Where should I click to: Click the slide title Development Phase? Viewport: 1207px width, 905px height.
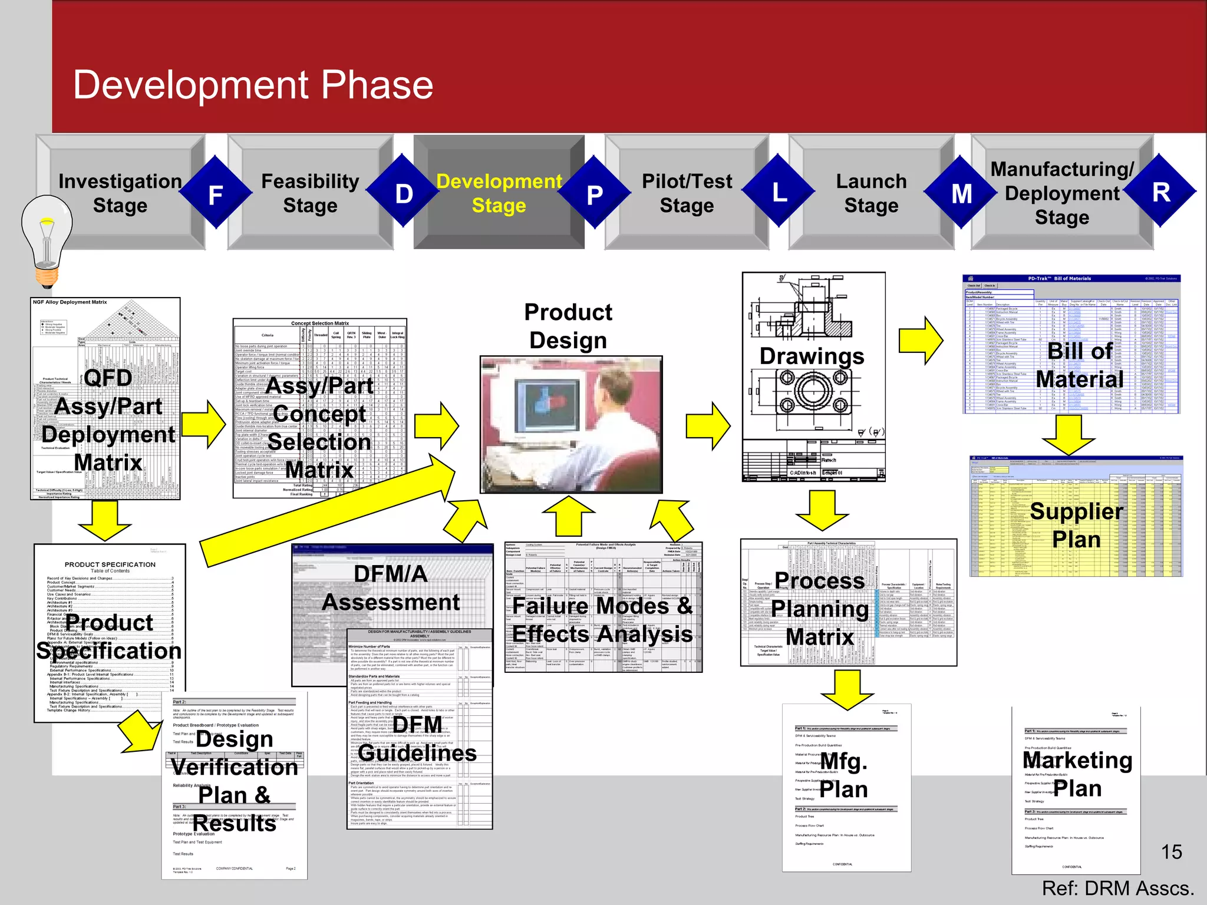(x=253, y=85)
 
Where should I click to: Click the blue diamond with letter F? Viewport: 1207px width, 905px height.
(x=215, y=194)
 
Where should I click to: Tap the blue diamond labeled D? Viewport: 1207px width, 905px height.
(x=404, y=193)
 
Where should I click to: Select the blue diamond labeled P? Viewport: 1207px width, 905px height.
(x=595, y=194)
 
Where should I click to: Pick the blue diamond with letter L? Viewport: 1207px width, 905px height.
(x=779, y=192)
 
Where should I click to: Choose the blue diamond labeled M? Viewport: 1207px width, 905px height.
(x=962, y=193)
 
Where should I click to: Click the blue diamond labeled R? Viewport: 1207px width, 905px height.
(x=1160, y=192)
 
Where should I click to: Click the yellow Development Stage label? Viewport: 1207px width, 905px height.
(x=499, y=193)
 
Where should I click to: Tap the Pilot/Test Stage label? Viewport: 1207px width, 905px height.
(x=687, y=193)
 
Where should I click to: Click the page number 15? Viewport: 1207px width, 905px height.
(x=1171, y=852)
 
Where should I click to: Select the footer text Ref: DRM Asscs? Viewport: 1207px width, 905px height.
(x=1117, y=888)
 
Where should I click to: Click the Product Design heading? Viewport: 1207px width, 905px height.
(x=568, y=326)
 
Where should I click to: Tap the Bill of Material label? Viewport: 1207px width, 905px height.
(x=1080, y=365)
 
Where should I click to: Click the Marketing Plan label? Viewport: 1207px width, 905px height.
(x=1077, y=774)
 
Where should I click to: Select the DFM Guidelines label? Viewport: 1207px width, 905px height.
(x=417, y=739)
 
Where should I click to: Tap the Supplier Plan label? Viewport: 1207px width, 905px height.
(x=1076, y=525)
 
